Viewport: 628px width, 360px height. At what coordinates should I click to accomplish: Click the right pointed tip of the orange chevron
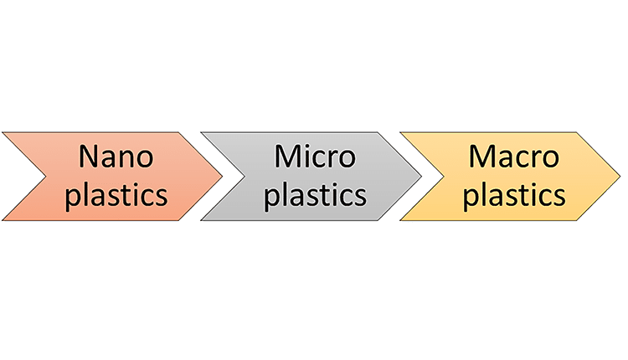(x=223, y=177)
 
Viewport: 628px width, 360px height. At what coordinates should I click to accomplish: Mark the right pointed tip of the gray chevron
(x=422, y=177)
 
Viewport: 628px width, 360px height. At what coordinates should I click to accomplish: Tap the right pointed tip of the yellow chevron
(x=620, y=177)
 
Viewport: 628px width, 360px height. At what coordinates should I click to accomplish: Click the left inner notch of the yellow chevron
(x=445, y=177)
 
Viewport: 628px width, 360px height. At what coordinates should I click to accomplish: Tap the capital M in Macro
(x=481, y=157)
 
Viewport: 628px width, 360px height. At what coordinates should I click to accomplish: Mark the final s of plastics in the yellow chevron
(x=558, y=196)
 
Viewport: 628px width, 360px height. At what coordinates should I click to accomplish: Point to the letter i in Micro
(x=308, y=157)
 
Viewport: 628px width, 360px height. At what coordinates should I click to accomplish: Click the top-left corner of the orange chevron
(x=3, y=132)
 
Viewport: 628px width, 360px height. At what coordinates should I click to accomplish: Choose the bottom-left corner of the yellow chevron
(x=400, y=221)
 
